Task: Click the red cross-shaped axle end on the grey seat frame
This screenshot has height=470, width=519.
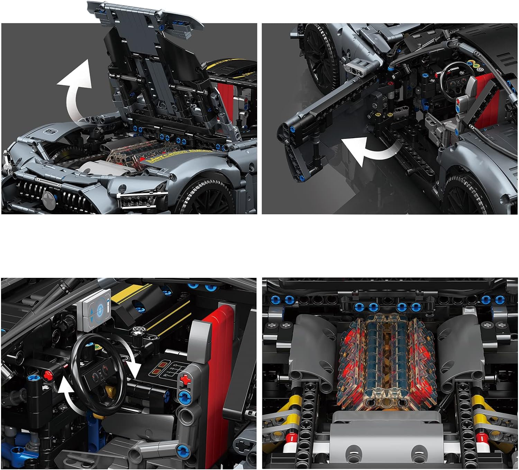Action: [x=186, y=380]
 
